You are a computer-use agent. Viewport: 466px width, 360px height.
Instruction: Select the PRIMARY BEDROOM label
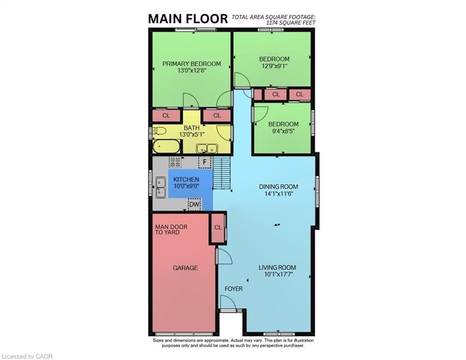(x=192, y=64)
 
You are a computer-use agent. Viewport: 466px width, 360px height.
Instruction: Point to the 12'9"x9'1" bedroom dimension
(x=274, y=66)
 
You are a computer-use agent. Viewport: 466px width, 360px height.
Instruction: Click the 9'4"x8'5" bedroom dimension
(x=283, y=131)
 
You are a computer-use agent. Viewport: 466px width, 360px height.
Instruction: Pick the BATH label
(x=192, y=127)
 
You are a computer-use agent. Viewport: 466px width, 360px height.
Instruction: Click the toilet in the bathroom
(x=159, y=131)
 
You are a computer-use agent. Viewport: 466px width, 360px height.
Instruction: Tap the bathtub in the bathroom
(x=166, y=147)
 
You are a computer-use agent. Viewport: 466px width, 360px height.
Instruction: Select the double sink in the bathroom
(x=207, y=148)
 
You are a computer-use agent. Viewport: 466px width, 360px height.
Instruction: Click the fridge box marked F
(x=204, y=162)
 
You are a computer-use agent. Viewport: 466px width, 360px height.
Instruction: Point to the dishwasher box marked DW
(x=194, y=204)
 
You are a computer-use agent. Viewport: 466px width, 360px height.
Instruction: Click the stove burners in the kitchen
(x=175, y=162)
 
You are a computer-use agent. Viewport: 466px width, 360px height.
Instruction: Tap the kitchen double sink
(x=160, y=187)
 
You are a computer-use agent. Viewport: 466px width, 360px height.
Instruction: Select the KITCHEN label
(x=186, y=180)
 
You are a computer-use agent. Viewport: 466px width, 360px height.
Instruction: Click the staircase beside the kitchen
(x=222, y=173)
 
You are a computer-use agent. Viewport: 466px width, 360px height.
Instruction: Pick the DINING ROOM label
(x=278, y=187)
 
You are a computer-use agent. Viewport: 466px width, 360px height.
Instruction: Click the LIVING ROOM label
(x=277, y=268)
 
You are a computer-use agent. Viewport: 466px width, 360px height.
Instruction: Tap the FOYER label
(x=233, y=289)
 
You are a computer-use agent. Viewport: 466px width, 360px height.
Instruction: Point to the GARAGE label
(x=185, y=268)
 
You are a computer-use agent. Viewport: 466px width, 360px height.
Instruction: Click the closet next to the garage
(x=218, y=228)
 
